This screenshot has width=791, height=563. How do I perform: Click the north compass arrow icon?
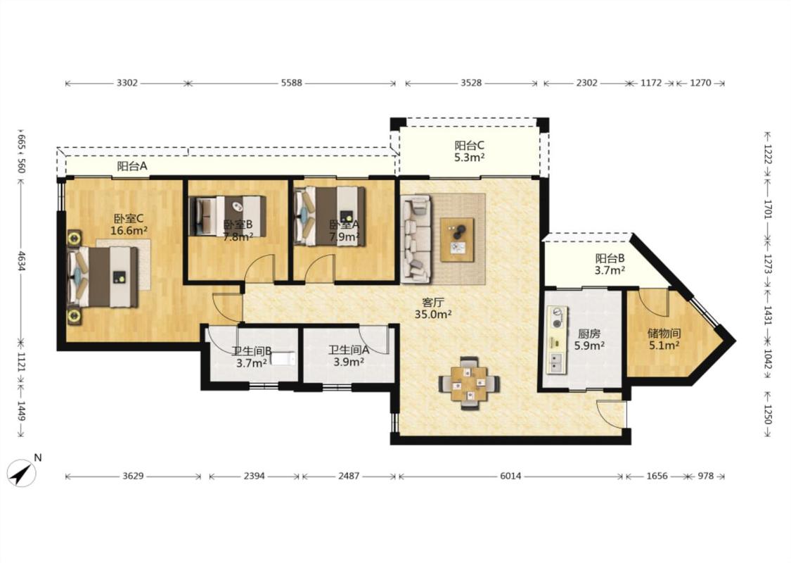(x=22, y=473)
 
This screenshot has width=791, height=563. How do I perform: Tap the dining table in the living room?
(x=469, y=383)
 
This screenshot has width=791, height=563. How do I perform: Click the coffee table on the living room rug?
(x=457, y=240)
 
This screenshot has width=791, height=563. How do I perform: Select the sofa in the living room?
(x=416, y=239)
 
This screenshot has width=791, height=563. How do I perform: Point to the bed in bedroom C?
(x=103, y=276)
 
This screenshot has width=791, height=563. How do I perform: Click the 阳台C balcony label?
(x=469, y=146)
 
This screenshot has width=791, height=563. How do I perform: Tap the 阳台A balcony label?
(x=132, y=166)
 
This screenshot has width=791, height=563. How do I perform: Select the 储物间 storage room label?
(x=664, y=334)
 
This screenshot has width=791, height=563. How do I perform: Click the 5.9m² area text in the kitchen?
(x=589, y=346)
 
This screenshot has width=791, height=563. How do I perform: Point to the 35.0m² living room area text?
(x=433, y=314)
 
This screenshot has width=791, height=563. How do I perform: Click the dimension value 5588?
(x=292, y=83)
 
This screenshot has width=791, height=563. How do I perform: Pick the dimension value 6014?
(x=510, y=476)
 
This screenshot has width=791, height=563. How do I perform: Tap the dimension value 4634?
(x=21, y=260)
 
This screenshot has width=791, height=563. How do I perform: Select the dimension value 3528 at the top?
(x=471, y=83)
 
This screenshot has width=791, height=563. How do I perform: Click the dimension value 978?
(x=706, y=476)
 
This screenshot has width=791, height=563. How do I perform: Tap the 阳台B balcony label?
(x=610, y=258)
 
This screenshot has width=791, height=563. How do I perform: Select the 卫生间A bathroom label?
(x=349, y=350)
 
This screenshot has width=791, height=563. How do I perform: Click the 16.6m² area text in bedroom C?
(x=129, y=231)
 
